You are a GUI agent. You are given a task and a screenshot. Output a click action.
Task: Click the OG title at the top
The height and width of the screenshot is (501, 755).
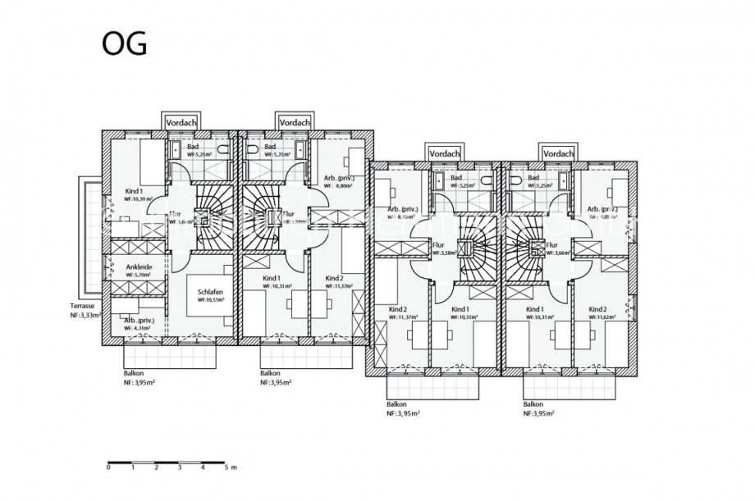(124, 44)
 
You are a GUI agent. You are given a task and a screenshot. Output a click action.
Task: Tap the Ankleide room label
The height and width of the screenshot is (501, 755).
(139, 266)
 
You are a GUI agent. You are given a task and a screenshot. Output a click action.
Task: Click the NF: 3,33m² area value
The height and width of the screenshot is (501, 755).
(85, 315)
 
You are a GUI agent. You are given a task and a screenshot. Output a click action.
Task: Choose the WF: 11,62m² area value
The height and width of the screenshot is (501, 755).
(605, 318)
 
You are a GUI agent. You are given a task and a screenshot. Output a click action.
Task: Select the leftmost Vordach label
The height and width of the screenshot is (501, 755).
(181, 121)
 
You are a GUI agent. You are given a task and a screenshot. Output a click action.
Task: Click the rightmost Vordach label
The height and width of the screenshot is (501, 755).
(558, 153)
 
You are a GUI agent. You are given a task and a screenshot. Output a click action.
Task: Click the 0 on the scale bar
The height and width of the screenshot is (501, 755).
(108, 467)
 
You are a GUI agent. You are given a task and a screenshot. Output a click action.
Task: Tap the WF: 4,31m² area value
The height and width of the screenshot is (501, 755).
(139, 328)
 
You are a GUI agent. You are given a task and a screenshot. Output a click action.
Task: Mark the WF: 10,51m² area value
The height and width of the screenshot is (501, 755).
(211, 300)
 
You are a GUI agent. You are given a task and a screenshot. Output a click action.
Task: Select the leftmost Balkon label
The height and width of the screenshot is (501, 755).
(122, 372)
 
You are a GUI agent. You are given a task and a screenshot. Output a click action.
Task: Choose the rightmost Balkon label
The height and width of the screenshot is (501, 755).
(533, 404)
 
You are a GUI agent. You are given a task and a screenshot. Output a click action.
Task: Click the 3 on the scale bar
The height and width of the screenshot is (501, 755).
(179, 467)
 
